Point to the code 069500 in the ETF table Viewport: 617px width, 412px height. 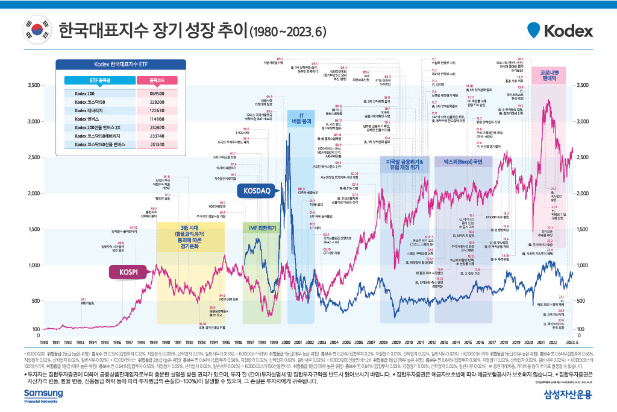click(157, 93)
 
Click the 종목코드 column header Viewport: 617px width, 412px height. click(157, 80)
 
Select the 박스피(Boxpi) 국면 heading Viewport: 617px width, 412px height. click(463, 162)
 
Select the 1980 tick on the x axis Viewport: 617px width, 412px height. click(40, 341)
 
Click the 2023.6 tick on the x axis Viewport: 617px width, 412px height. click(572, 341)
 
